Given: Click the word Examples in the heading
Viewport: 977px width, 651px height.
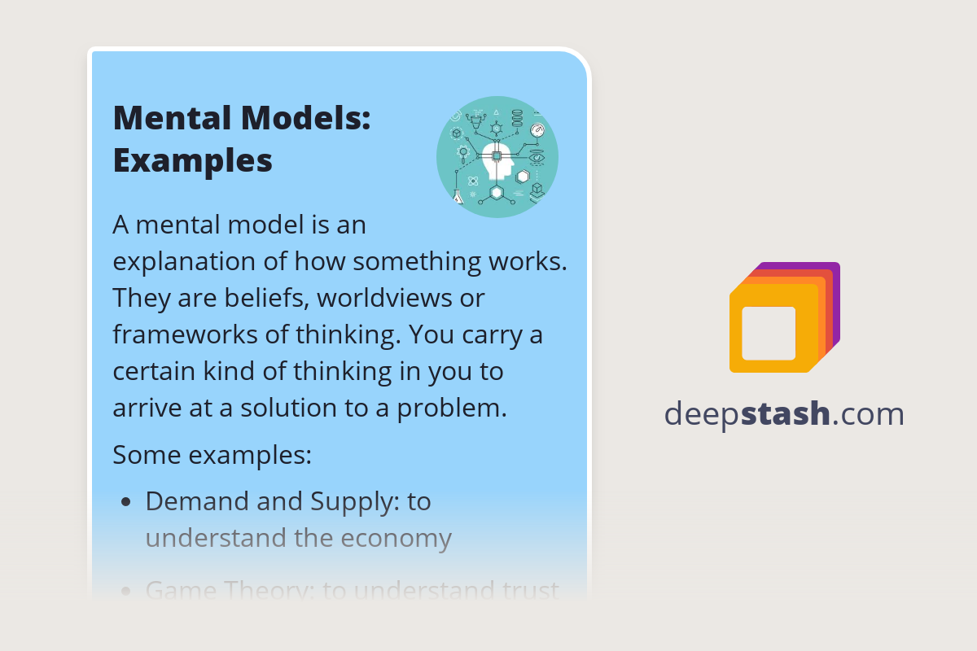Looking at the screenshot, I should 193,160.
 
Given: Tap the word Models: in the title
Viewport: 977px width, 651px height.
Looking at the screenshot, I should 307,119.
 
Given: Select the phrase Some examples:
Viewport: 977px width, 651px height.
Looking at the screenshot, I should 212,454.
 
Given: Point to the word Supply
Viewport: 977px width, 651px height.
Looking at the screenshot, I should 354,502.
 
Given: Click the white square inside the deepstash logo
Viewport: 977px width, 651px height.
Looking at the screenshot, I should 769,333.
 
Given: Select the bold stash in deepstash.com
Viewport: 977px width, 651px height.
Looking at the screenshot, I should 789,414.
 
